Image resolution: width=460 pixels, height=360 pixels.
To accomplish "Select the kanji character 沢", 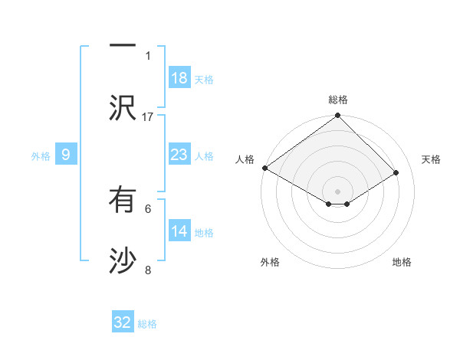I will click(x=122, y=107).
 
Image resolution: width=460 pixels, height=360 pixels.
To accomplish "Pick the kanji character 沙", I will click(x=122, y=260).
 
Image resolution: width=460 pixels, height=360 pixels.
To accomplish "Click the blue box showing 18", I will click(x=179, y=78).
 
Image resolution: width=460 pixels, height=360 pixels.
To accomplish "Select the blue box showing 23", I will click(x=179, y=155).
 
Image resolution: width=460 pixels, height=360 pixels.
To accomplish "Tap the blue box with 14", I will click(x=179, y=231).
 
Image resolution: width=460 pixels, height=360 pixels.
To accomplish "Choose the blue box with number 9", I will click(x=66, y=155).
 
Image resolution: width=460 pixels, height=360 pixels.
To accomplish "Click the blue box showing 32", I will click(x=123, y=322).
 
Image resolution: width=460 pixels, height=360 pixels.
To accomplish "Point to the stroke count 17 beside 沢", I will click(x=148, y=116).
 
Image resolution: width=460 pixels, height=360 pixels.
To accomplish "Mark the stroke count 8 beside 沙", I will click(x=148, y=270).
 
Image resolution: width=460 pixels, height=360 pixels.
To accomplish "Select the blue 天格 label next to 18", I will click(x=204, y=79).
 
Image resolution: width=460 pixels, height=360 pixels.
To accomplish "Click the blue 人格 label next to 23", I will click(x=204, y=155).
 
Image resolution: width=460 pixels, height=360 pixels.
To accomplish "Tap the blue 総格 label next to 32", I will click(x=147, y=324).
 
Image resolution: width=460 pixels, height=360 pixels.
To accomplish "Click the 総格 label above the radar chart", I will click(x=337, y=100).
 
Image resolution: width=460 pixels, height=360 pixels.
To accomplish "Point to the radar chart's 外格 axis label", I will click(x=270, y=262).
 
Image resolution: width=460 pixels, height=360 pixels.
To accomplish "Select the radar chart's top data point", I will click(x=337, y=116).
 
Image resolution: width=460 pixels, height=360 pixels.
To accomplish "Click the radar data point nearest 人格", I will click(x=264, y=168).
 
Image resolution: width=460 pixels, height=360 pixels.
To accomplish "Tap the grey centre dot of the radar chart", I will click(x=337, y=190).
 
